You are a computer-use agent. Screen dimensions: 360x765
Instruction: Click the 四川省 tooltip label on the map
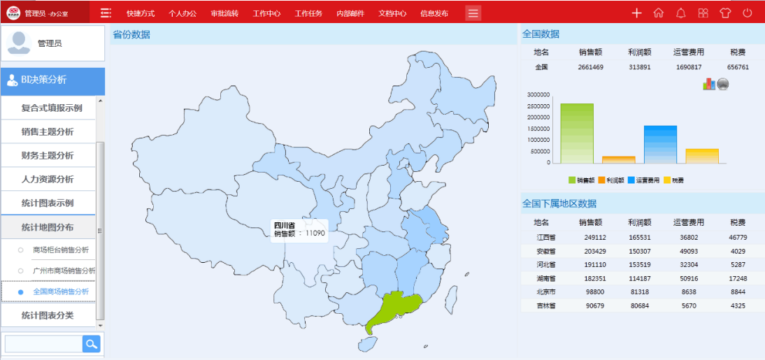click(x=285, y=225)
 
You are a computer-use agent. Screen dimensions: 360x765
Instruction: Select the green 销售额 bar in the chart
click(x=577, y=134)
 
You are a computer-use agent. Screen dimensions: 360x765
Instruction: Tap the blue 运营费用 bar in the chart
click(x=660, y=144)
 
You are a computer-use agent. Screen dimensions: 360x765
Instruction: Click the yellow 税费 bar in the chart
click(x=701, y=156)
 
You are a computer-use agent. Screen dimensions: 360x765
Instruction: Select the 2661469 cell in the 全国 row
click(x=591, y=67)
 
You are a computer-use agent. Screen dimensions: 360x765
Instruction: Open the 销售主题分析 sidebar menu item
click(x=48, y=131)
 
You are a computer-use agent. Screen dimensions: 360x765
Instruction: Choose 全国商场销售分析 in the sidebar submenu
click(x=61, y=291)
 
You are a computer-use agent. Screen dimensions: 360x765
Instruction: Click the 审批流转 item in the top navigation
click(x=224, y=13)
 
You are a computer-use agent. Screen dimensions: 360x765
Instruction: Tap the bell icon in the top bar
click(x=680, y=13)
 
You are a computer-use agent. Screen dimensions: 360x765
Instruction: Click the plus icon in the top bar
click(x=636, y=13)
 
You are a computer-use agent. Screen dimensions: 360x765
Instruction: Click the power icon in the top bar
click(x=748, y=13)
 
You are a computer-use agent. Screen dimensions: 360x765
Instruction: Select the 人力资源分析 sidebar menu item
click(x=48, y=179)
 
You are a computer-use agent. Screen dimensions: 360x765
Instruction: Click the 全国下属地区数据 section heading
click(x=559, y=203)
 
